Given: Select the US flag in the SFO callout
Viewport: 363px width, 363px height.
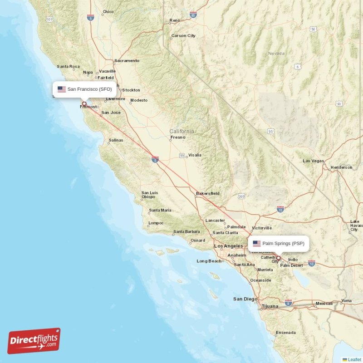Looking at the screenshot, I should (62, 89).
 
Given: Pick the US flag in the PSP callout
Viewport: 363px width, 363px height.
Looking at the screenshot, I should (257, 244).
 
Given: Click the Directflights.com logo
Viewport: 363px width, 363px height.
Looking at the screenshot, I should (34, 341).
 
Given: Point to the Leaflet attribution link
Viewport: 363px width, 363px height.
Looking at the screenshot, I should (354, 359).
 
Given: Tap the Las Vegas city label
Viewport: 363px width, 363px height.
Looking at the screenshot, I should (314, 161).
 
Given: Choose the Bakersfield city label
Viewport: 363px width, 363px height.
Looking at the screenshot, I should (208, 194).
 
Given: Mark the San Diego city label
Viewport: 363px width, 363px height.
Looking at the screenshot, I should (245, 299).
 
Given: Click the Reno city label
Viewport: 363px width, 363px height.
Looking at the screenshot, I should (175, 20).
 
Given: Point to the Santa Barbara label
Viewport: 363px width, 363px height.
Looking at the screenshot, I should (186, 232).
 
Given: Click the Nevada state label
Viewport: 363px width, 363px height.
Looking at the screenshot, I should (276, 54).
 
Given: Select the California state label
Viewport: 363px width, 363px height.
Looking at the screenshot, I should (181, 131).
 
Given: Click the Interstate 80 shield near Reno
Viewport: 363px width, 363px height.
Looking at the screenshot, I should (193, 15).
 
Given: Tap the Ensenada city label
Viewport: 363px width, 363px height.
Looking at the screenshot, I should (286, 333).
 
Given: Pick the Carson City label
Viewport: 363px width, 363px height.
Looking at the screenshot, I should (183, 36).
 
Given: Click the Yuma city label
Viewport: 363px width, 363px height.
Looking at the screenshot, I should (346, 301).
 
